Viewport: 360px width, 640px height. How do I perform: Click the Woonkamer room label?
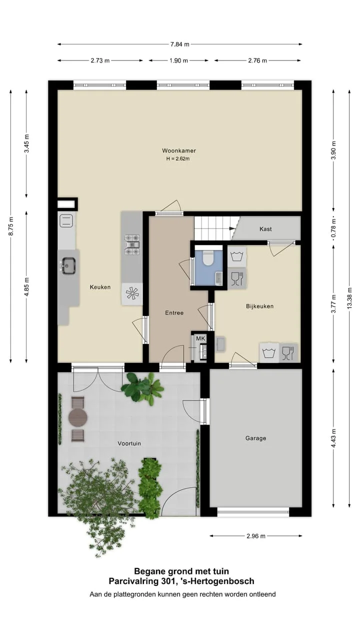tap(179, 150)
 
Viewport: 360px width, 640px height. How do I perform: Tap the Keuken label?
tap(100, 287)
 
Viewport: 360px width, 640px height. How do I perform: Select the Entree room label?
tap(174, 313)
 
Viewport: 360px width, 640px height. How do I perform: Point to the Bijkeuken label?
tap(259, 306)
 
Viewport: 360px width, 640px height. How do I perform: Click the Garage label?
tap(255, 438)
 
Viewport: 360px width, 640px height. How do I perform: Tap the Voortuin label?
tap(129, 443)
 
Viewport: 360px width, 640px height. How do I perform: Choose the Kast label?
tap(265, 229)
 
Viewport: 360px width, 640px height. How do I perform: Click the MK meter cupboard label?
tap(200, 338)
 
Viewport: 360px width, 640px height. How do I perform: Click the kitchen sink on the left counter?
tap(69, 265)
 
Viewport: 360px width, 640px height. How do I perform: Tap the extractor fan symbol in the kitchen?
tap(132, 293)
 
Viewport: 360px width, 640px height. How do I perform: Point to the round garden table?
tap(77, 417)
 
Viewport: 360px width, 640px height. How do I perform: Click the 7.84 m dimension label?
tap(179, 44)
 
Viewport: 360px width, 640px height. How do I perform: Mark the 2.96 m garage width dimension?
tap(256, 536)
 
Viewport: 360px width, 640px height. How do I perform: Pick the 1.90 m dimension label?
tap(178, 60)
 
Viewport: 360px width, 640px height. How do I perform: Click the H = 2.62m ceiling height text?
tap(178, 159)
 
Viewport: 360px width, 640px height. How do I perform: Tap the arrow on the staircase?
tap(231, 228)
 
